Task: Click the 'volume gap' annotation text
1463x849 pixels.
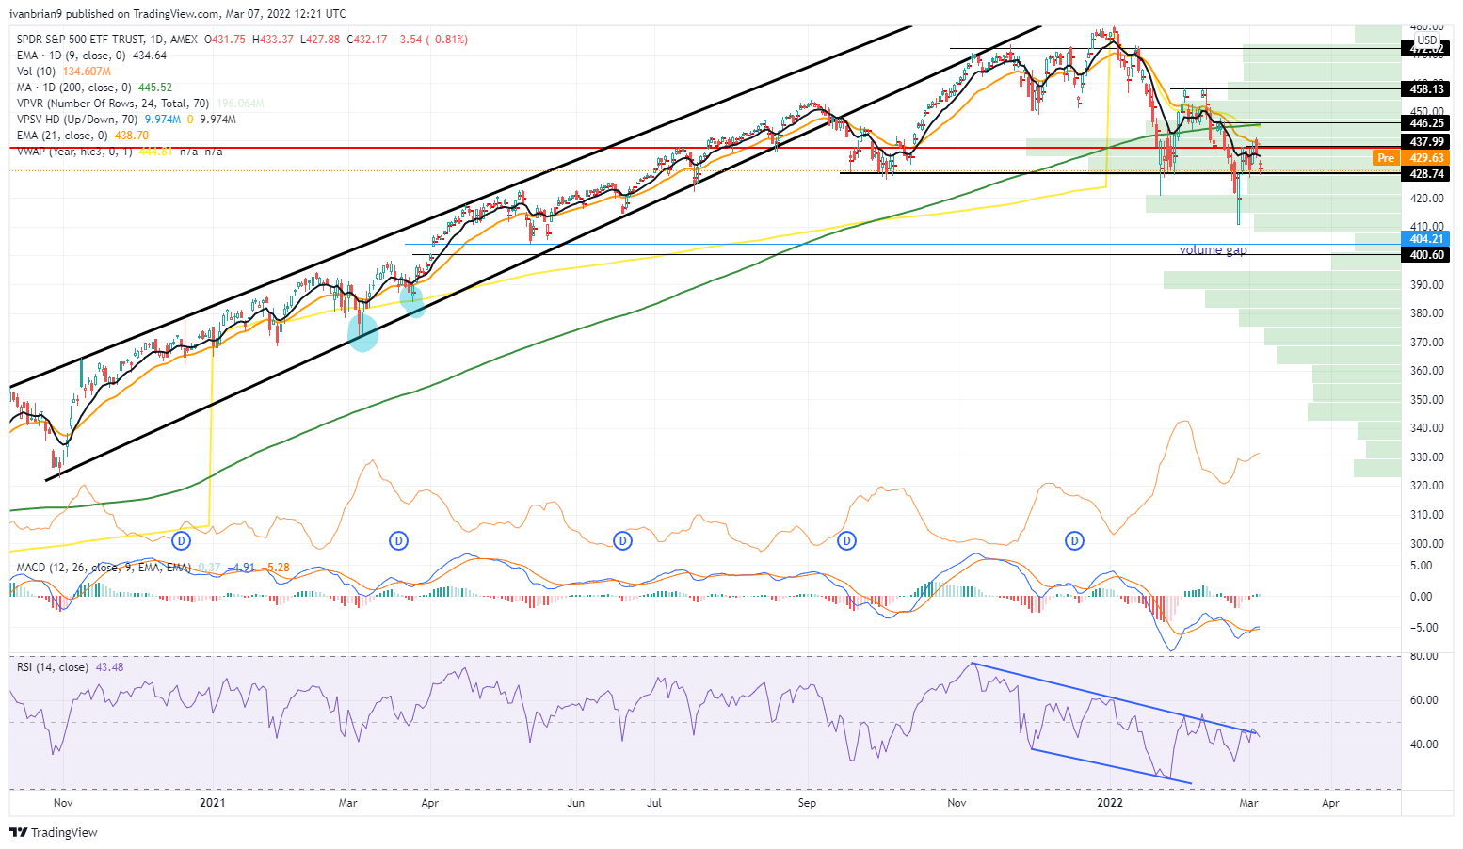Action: click(x=1213, y=250)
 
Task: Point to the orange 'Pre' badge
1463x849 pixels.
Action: click(x=1386, y=158)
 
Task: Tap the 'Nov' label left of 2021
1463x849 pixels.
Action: click(x=63, y=803)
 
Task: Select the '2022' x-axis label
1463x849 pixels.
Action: click(x=1111, y=803)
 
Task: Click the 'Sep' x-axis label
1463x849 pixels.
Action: click(x=807, y=803)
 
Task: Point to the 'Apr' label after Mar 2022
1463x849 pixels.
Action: click(x=1330, y=803)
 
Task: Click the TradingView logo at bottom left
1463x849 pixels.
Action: click(x=54, y=833)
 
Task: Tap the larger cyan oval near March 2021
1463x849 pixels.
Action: click(x=363, y=332)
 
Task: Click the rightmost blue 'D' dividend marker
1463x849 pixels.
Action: click(x=1074, y=541)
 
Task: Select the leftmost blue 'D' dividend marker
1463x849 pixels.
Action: click(x=183, y=541)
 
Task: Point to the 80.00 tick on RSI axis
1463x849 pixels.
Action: click(x=1423, y=656)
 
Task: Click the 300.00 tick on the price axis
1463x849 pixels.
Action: click(x=1427, y=544)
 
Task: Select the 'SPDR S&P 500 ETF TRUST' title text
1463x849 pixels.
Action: click(x=80, y=40)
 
